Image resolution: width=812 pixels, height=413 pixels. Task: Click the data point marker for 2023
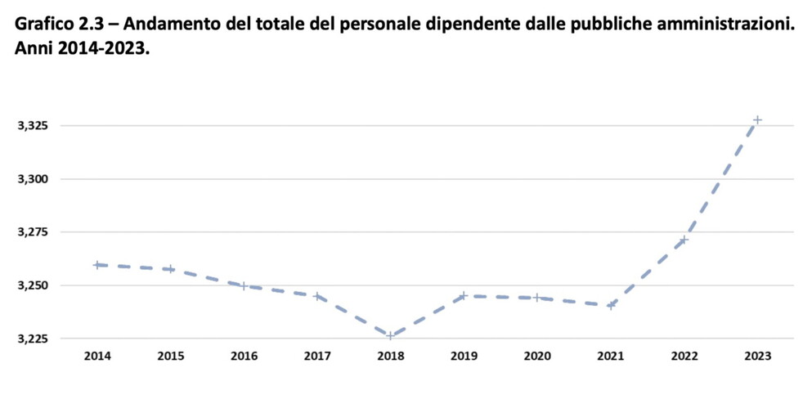coord(757,119)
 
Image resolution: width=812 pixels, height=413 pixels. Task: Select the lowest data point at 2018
coord(390,335)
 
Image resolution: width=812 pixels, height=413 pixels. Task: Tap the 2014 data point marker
coord(96,264)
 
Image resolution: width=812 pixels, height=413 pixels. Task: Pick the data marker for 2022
coord(684,240)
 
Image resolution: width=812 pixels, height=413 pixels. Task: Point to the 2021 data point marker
coord(611,305)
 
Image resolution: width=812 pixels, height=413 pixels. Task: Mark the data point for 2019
coord(464,295)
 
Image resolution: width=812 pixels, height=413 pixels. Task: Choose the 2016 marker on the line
coord(244,285)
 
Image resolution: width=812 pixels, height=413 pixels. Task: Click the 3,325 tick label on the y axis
coord(34,126)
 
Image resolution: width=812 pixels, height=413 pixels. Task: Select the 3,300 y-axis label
coord(34,179)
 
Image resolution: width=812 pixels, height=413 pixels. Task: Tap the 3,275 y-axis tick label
coord(34,232)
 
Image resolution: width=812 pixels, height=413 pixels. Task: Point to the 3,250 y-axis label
coord(34,285)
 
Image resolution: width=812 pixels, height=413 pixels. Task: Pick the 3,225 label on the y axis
coord(34,339)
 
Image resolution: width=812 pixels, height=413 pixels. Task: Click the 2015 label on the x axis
coord(170,356)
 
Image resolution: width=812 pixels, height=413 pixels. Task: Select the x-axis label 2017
coord(316,356)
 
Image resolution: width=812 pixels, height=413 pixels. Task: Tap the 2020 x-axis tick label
coord(537,356)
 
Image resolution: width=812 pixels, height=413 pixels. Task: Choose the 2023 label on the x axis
coord(757,356)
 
